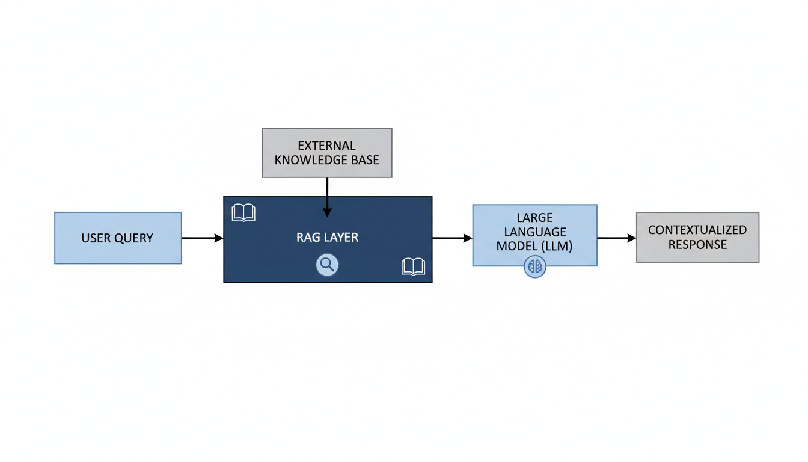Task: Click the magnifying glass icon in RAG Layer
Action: [x=328, y=265]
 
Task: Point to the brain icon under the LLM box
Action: [x=534, y=266]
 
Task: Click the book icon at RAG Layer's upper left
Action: [x=243, y=212]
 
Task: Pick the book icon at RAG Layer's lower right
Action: [x=413, y=266]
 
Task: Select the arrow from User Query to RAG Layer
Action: [x=202, y=238]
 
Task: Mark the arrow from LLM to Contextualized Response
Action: [x=616, y=238]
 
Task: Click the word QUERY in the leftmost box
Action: [x=133, y=238]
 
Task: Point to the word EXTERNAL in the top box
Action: [x=326, y=146]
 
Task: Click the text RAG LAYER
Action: [x=327, y=238]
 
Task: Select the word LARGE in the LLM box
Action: [x=534, y=217]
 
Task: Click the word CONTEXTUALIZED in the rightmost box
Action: [x=697, y=230]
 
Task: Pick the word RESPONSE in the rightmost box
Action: [x=697, y=245]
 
